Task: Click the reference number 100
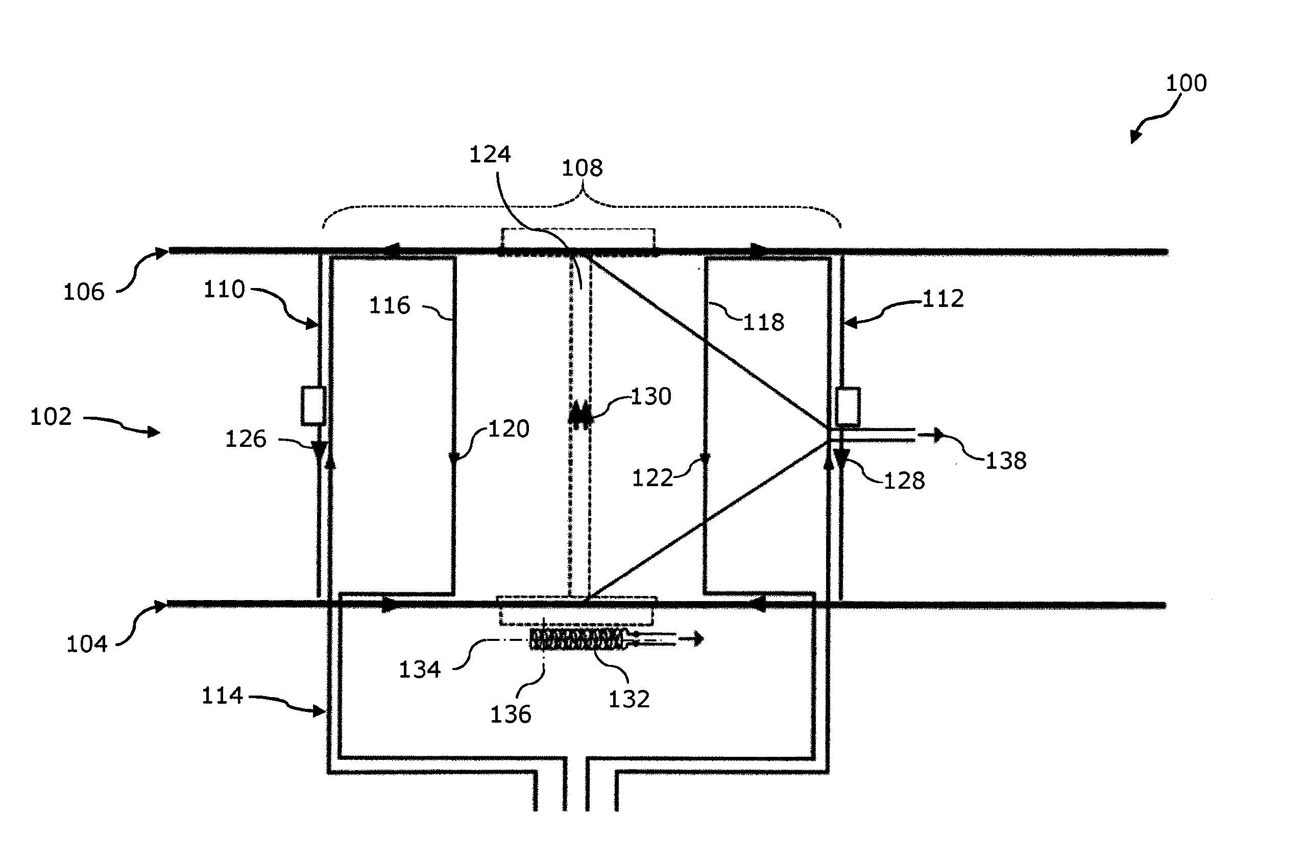(x=1186, y=83)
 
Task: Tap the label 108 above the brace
(x=582, y=168)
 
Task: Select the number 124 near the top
(x=490, y=155)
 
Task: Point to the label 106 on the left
(x=83, y=292)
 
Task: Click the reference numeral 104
(x=86, y=644)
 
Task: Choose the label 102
(x=51, y=417)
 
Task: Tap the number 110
(x=224, y=289)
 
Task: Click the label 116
(x=389, y=306)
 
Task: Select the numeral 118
(x=763, y=322)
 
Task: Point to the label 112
(x=942, y=299)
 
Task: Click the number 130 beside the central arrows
(x=651, y=396)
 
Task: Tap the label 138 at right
(x=1006, y=461)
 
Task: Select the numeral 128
(x=904, y=481)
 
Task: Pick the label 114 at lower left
(x=222, y=696)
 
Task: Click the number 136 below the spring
(x=511, y=714)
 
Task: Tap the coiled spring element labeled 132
(x=576, y=639)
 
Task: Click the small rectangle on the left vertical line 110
(x=313, y=405)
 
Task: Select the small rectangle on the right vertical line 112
(x=848, y=407)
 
